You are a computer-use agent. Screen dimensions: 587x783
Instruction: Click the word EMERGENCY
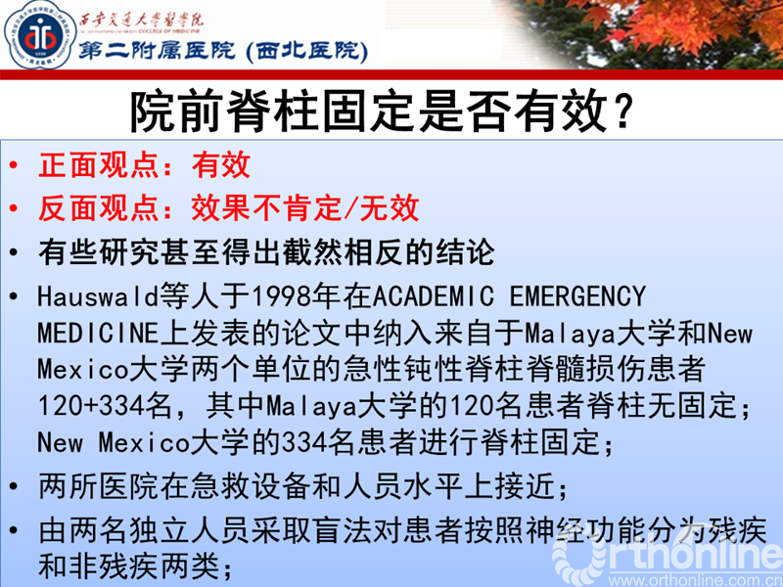tap(579, 295)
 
